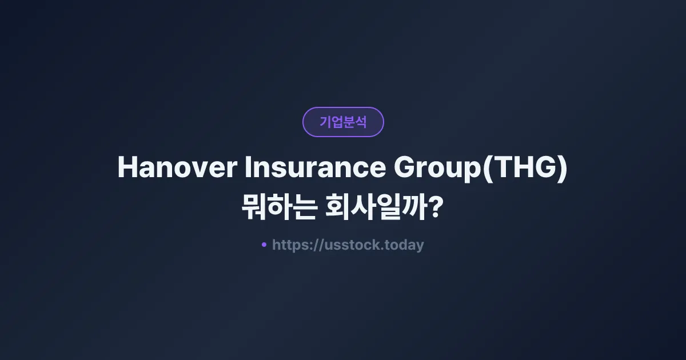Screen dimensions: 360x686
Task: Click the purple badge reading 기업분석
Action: point(343,122)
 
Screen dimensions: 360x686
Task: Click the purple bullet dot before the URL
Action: point(264,245)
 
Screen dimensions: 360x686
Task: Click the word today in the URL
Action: point(405,245)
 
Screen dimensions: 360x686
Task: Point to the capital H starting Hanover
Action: point(126,168)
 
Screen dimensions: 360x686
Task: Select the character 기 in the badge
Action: point(325,122)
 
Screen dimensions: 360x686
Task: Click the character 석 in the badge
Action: point(361,122)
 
